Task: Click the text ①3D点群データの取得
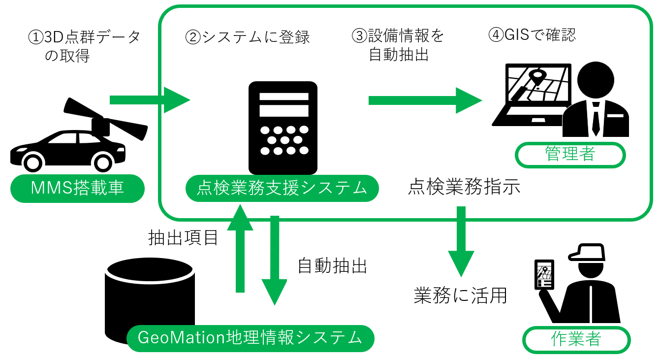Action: pos(84,46)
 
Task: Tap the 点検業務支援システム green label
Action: pos(282,188)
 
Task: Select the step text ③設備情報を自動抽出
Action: pos(398,45)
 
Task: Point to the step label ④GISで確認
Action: pos(532,35)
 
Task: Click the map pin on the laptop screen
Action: pos(537,78)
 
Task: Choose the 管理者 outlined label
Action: pos(570,155)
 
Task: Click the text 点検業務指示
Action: pos(464,188)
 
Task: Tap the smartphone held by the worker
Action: pos(544,274)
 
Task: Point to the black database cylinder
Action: pos(150,295)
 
